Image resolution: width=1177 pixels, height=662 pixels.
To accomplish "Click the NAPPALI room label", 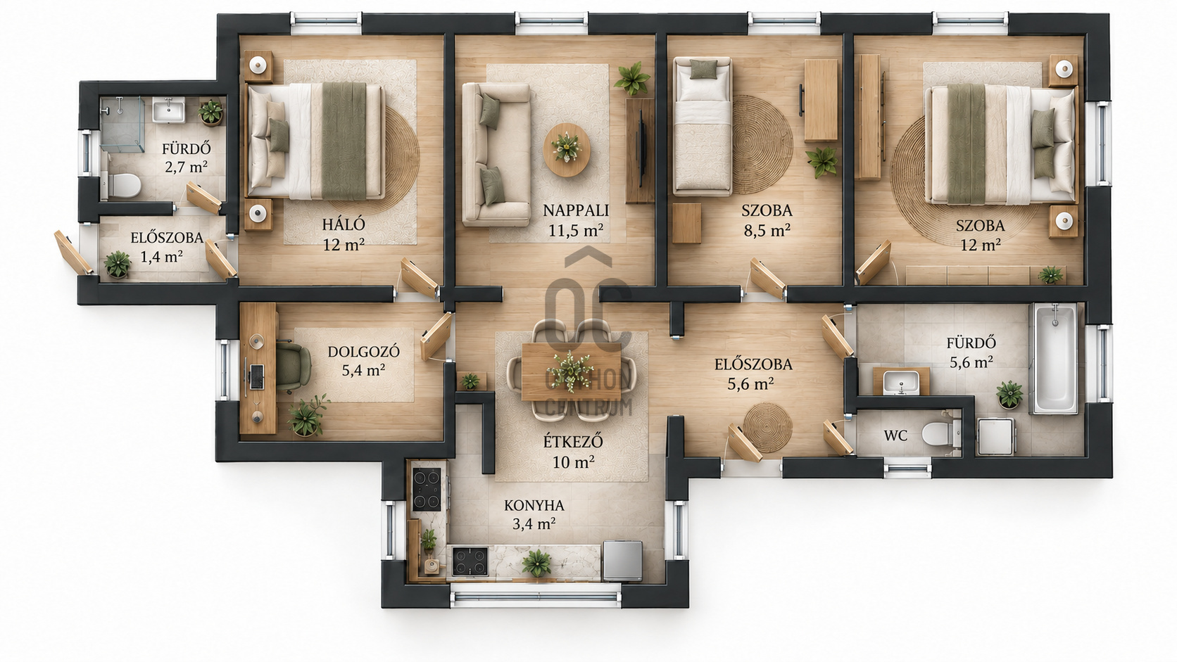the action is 575,210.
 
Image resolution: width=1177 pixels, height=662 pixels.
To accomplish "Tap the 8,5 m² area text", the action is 767,231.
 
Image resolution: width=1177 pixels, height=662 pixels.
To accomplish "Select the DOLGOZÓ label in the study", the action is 364,351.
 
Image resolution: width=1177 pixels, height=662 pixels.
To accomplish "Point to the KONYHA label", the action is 534,506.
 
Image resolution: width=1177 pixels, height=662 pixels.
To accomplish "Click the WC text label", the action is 895,435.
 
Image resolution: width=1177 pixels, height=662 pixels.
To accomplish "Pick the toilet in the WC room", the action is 940,434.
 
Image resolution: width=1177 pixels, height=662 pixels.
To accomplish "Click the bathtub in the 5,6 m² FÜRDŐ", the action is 1056,359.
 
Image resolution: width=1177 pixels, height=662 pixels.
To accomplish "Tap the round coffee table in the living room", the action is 567,150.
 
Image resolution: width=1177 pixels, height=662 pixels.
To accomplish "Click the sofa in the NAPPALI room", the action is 496,154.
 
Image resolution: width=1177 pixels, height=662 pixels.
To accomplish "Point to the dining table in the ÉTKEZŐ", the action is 572,371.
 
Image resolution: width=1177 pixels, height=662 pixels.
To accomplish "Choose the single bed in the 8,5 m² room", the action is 703,126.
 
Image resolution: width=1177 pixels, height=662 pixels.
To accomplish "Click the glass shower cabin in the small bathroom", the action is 122,124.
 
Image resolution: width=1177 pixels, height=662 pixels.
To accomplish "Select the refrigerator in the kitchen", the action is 623,561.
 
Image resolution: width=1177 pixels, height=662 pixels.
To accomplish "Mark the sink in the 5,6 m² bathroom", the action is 900,382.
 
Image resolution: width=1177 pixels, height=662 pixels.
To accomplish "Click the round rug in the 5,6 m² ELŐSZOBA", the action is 768,427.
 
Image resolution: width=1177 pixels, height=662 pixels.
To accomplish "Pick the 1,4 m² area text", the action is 161,257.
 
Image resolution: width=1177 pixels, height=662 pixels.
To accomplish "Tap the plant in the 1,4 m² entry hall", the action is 117,264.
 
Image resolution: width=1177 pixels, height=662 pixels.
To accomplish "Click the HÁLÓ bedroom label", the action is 344,224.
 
